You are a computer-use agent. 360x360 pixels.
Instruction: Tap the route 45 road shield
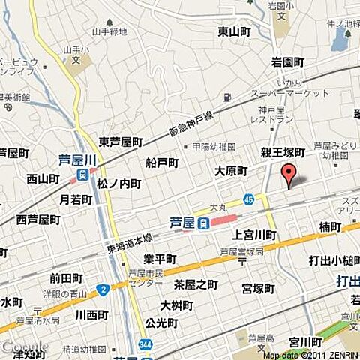pos(248,199)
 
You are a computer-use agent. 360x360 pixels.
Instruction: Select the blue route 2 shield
pos(103,289)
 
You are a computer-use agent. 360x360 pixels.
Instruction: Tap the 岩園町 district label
pos(287,62)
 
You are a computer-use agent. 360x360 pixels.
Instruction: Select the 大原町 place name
pos(230,171)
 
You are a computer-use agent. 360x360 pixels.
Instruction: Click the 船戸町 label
pos(162,163)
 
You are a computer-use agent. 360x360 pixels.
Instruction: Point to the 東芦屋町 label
pos(120,142)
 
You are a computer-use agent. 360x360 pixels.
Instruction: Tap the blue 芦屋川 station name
pos(78,160)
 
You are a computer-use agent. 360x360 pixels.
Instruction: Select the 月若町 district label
pos(76,199)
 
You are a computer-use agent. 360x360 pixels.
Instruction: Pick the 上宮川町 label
pos(254,235)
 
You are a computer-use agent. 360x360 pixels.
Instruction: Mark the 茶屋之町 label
pos(196,284)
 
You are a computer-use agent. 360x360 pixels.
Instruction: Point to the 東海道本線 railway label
pos(128,238)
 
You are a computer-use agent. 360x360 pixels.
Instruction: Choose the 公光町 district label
pos(161,323)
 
